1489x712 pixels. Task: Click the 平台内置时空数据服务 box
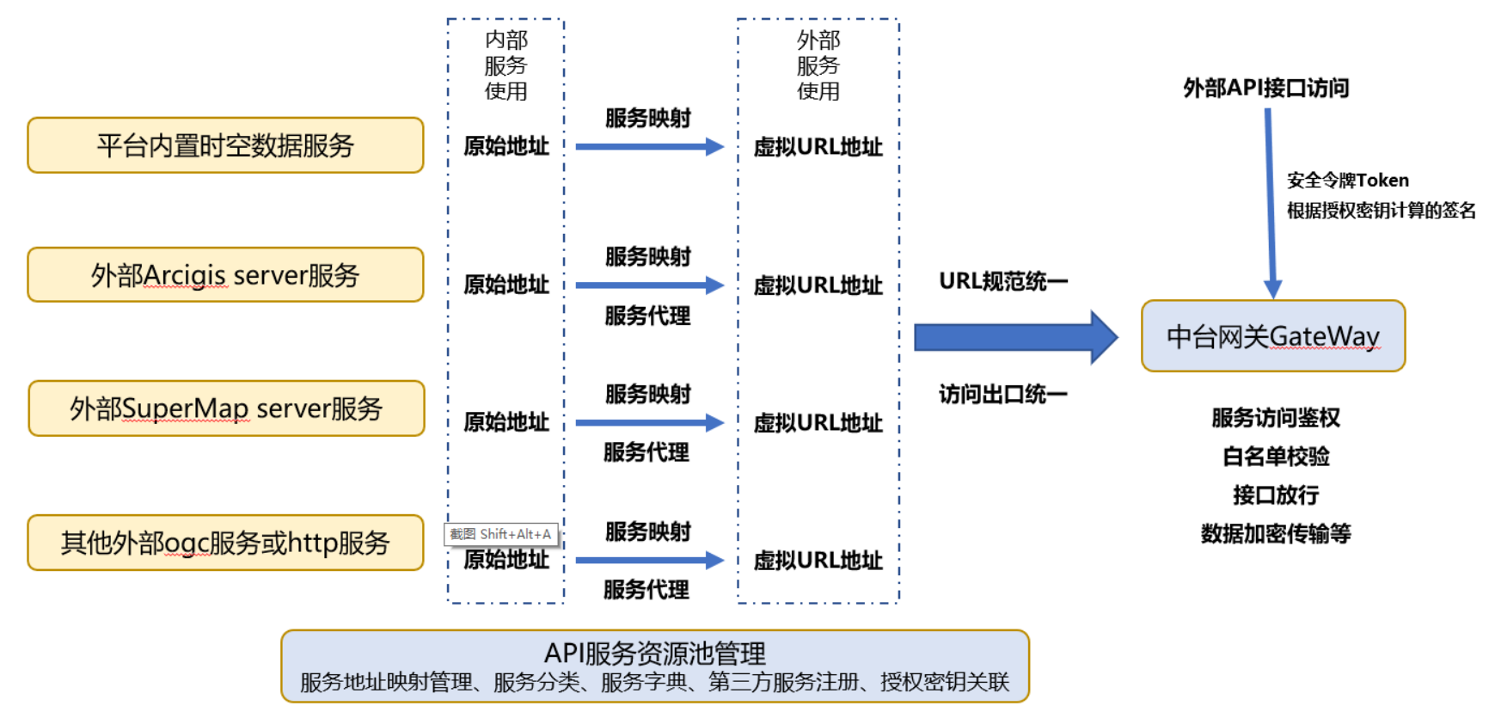[225, 145]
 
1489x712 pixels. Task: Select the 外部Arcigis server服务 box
[225, 275]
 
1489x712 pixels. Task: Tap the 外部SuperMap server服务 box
[226, 408]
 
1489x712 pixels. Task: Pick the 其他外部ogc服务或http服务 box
[225, 543]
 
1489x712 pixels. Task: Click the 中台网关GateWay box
[1272, 336]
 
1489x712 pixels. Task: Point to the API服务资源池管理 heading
[654, 654]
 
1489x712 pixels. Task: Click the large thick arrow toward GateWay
[1014, 337]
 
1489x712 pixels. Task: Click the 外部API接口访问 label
[1265, 88]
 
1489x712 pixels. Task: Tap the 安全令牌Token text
[1347, 181]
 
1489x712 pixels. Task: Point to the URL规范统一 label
[1002, 281]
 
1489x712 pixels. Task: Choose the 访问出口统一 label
[1002, 394]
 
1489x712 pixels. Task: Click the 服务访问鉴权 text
[1275, 418]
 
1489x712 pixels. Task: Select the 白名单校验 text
[1275, 457]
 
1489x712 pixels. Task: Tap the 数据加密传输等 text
[1275, 534]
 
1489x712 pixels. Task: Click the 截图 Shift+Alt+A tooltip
[501, 534]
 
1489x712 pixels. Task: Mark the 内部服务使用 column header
[506, 65]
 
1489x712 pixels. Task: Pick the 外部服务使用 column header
[818, 65]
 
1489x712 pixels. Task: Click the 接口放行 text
[1275, 495]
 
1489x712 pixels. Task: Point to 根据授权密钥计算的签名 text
[1381, 211]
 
